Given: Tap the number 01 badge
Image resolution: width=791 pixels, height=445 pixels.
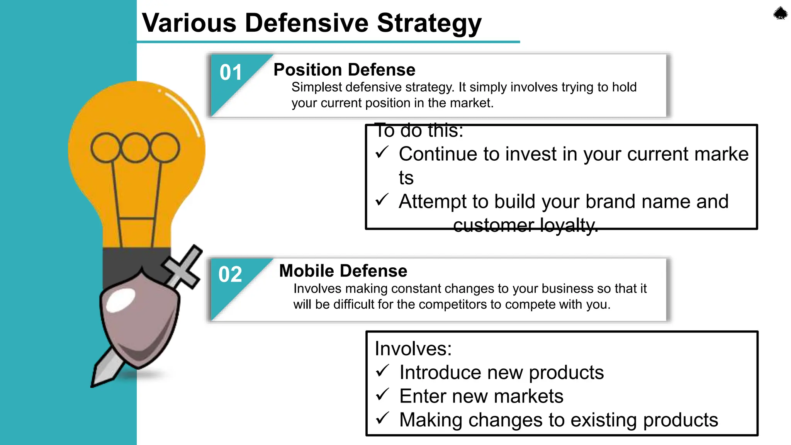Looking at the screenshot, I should [231, 73].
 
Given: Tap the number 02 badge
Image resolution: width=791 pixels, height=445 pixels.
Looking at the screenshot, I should [230, 274].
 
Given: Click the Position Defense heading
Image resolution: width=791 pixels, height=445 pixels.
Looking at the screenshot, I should [344, 70].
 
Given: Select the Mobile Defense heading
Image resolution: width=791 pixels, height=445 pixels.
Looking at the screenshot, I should [343, 271].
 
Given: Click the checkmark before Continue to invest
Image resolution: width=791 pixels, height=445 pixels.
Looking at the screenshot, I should [382, 153].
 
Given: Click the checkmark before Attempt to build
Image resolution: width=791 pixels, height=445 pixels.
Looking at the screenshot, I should [382, 200].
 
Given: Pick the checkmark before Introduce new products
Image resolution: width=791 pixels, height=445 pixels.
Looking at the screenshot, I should [382, 371].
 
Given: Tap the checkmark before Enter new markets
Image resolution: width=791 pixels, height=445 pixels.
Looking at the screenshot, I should [382, 394].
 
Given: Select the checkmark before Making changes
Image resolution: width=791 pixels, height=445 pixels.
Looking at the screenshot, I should [382, 418].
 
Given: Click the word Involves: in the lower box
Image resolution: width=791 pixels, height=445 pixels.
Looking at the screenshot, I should [413, 348].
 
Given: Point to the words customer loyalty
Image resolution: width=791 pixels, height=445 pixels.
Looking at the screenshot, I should [525, 225].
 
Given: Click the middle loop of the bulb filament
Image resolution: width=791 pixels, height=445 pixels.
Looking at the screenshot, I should [135, 148].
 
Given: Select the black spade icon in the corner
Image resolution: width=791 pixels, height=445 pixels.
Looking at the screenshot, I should [780, 14].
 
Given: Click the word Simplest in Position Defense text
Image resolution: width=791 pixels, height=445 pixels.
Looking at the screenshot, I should [317, 87].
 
